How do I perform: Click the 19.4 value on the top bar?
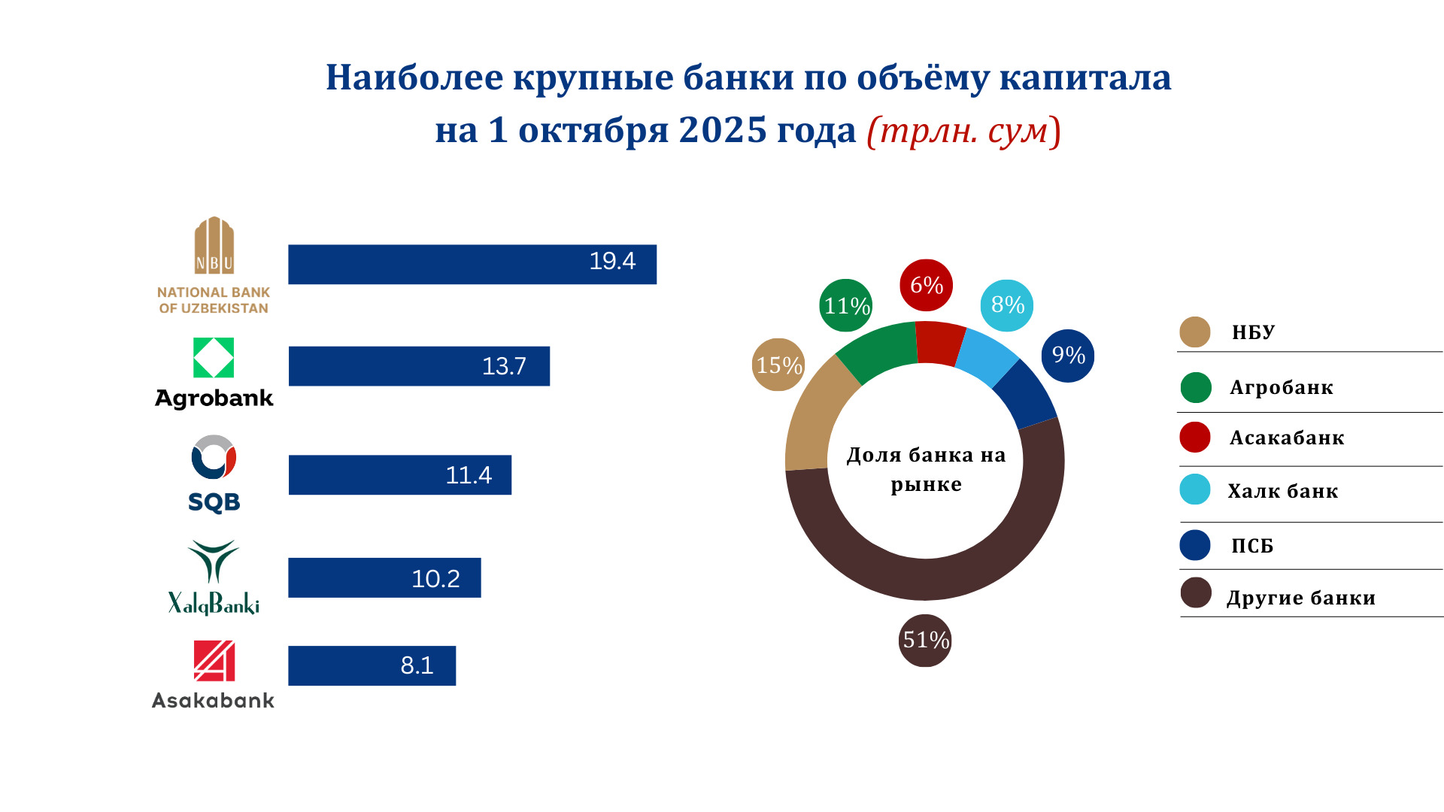click(612, 261)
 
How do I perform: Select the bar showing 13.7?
click(419, 366)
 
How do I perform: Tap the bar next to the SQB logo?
click(400, 475)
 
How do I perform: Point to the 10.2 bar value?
click(435, 578)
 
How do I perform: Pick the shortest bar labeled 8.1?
click(372, 665)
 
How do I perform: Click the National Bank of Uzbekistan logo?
click(214, 265)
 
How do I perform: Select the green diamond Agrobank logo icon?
click(214, 358)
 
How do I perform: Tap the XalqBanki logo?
click(214, 577)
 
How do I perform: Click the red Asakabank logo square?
click(214, 661)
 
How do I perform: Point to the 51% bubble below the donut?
click(925, 641)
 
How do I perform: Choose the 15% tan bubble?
click(778, 365)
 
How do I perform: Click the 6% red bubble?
click(927, 285)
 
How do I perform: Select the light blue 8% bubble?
click(1007, 305)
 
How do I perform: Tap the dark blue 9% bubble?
click(1068, 356)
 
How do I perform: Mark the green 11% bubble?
click(846, 305)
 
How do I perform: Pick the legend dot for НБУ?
click(1195, 332)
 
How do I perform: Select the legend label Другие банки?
click(1301, 598)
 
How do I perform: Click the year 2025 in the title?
click(723, 129)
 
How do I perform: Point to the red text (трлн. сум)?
click(964, 131)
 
